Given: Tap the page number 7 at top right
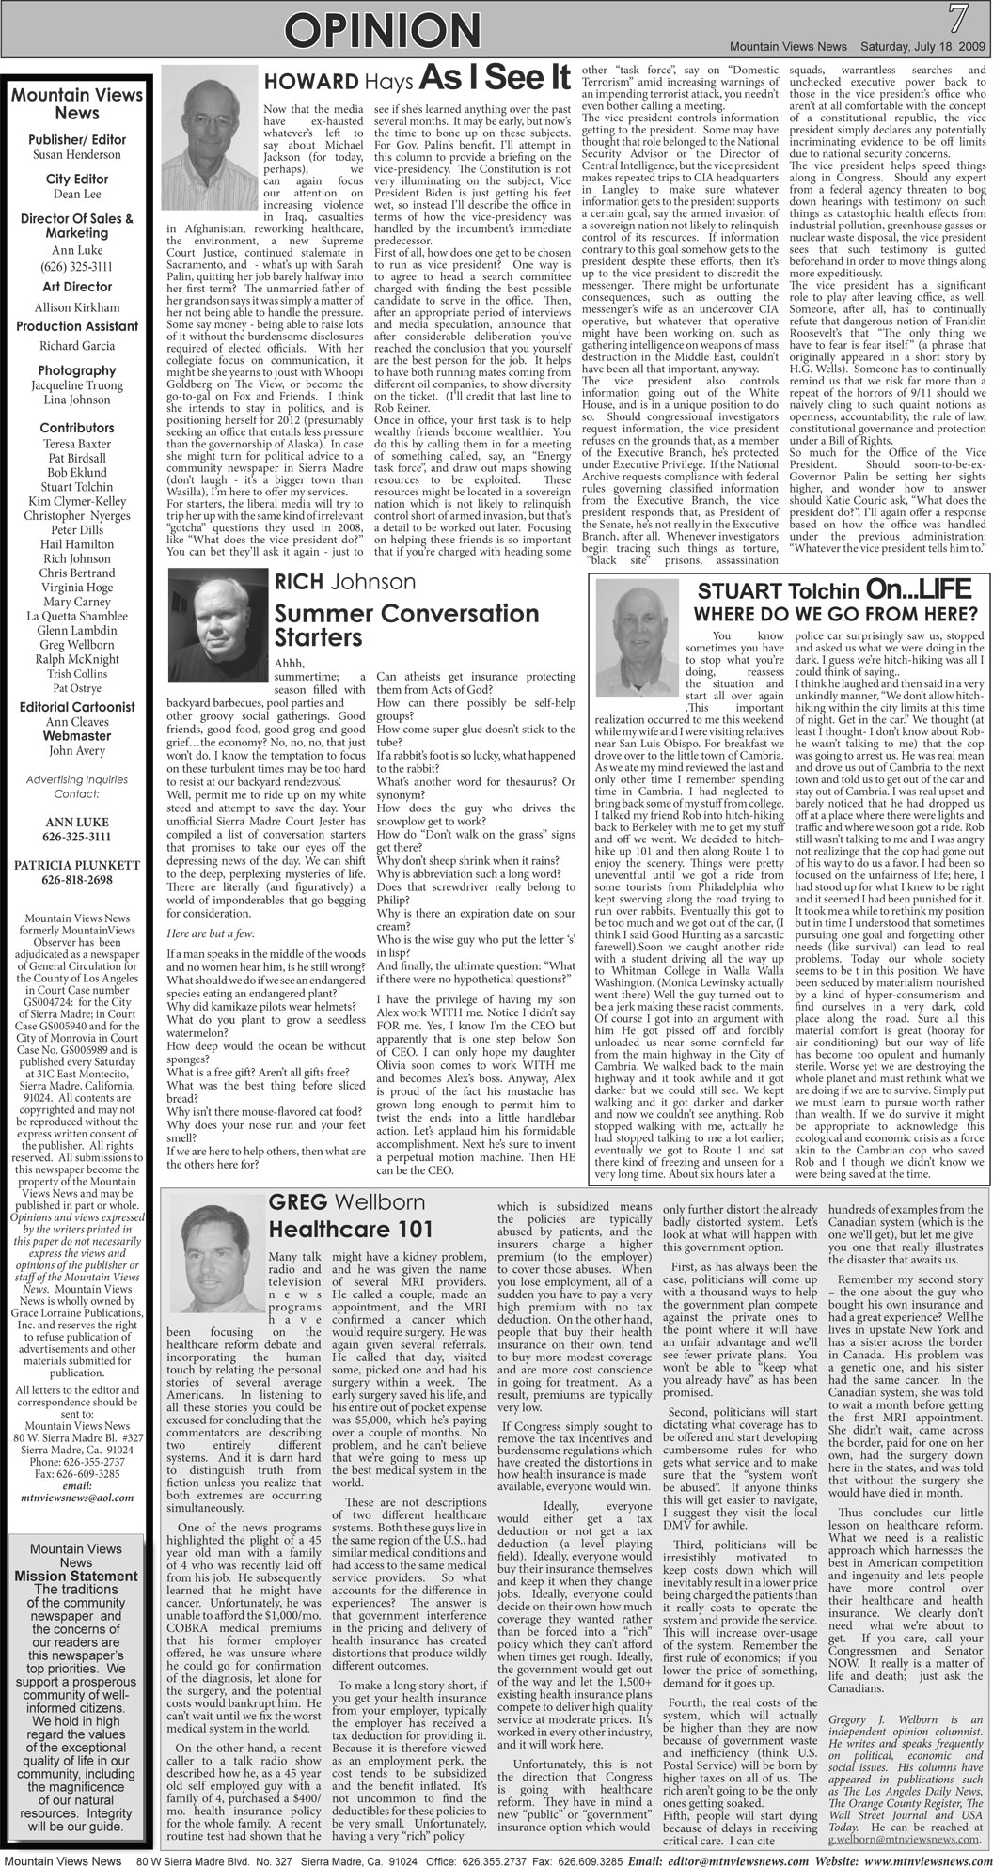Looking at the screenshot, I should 958,18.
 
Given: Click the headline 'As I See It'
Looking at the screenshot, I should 495,78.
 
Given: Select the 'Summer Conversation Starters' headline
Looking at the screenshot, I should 405,625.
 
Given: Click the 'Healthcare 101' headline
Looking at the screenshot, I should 351,1229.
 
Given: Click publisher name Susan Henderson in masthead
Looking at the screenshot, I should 77,154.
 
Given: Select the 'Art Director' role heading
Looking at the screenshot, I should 77,287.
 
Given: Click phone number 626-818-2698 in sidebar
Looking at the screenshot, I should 77,880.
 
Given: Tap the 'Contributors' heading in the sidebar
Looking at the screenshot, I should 77,428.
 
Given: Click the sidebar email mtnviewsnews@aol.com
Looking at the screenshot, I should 77,1498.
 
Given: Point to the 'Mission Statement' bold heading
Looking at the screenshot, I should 76,1576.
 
